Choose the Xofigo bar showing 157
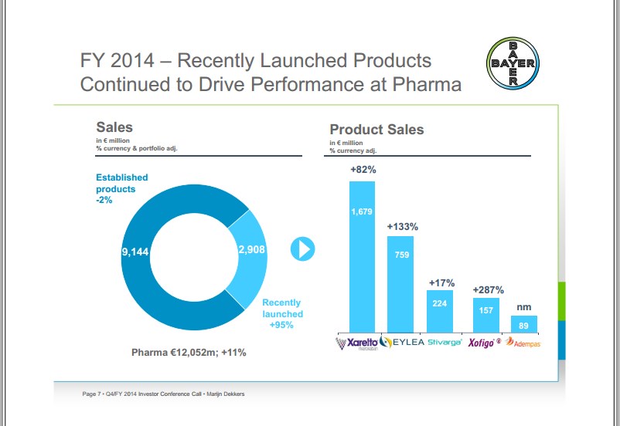(485, 315)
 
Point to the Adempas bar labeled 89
(524, 324)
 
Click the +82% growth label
(363, 169)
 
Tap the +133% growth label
(402, 227)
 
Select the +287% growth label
(488, 289)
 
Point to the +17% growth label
(441, 283)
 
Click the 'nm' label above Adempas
(524, 307)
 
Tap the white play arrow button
(302, 248)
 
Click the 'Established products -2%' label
(121, 188)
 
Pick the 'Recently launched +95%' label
(282, 314)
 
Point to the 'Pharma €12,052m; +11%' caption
(189, 353)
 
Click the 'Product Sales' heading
(376, 130)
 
